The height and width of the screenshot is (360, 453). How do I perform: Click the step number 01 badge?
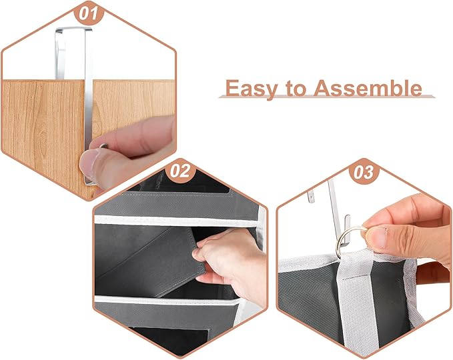91,13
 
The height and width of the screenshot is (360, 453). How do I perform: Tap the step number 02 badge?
179,171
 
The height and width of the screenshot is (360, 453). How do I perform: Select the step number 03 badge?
363,171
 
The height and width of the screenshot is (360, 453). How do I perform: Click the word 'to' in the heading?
295,88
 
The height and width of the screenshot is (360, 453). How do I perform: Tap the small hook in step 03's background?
311,197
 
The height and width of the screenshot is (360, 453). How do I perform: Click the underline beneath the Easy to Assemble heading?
327,98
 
